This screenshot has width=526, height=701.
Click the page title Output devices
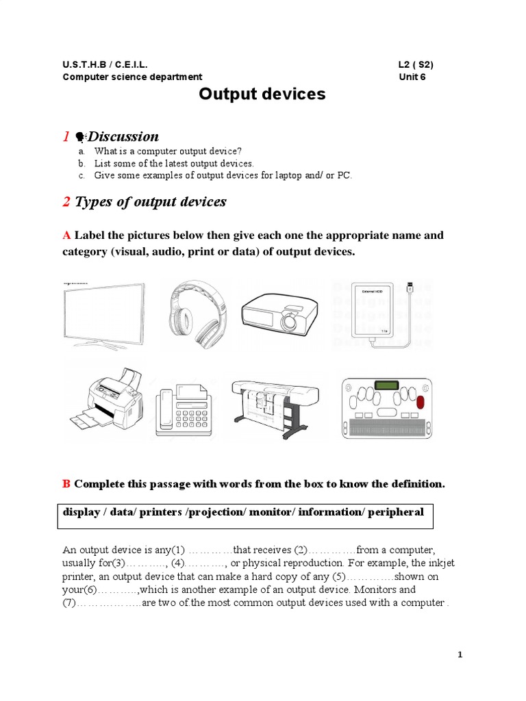pyautogui.click(x=262, y=94)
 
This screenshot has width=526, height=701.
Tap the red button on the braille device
pyautogui.click(x=420, y=403)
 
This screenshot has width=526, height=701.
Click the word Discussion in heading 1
pyautogui.click(x=123, y=136)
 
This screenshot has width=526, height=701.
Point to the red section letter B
pyautogui.click(x=66, y=484)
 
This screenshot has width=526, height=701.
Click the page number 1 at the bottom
pyautogui.click(x=461, y=655)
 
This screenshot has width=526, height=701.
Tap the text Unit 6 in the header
pyautogui.click(x=412, y=77)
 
